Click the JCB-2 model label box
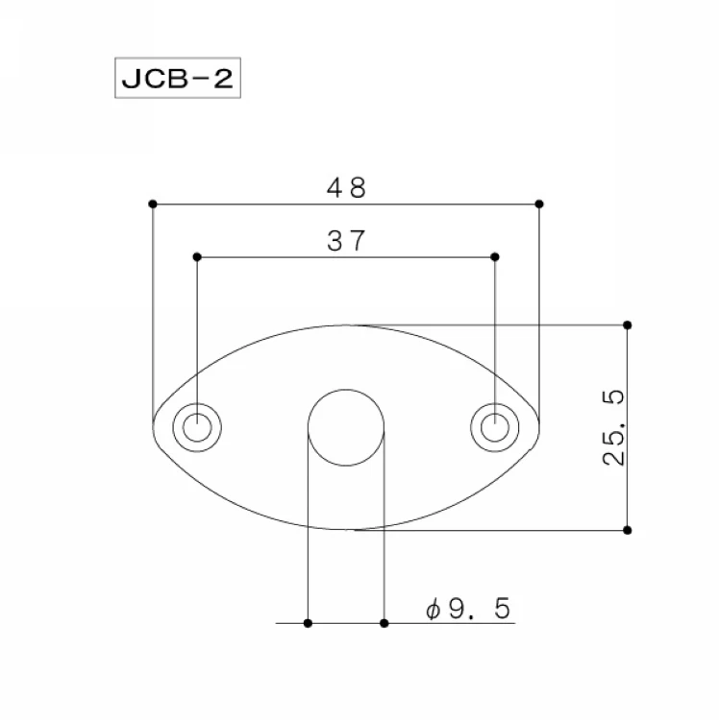[178, 78]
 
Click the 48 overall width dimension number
[346, 187]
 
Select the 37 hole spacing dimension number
[346, 241]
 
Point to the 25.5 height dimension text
[613, 427]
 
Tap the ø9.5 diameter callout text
[468, 609]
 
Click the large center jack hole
[346, 427]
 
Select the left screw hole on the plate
[197, 427]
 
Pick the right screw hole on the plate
[495, 427]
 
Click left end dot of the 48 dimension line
[153, 204]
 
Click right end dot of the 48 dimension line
[539, 204]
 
